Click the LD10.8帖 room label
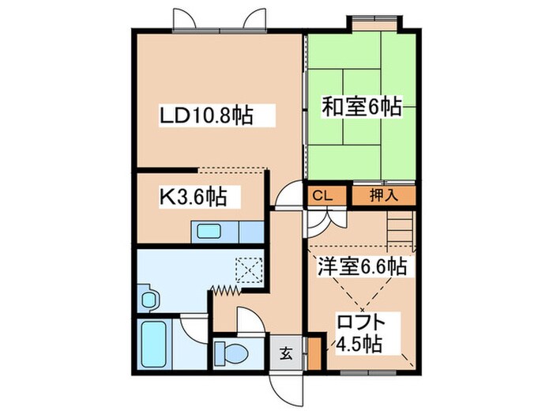coord(206,116)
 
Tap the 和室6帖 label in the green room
coord(361,107)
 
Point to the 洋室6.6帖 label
coord(362,266)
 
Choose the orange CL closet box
coord(322,194)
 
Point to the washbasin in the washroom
coord(148,298)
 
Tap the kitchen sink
coord(210,232)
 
